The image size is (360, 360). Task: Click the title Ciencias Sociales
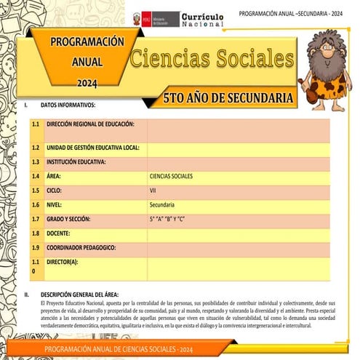(212, 59)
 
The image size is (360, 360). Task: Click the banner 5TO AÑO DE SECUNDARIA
(228, 97)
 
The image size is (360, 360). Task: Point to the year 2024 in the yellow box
(86, 81)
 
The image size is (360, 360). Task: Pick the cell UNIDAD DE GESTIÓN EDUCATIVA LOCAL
(92, 147)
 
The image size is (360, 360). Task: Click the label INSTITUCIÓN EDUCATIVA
(76, 161)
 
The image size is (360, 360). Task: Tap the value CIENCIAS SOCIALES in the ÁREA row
(171, 176)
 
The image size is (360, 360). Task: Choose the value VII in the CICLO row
(153, 191)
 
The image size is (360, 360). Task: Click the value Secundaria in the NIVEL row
(162, 204)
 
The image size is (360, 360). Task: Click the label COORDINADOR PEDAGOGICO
(81, 247)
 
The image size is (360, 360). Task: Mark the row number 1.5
(36, 191)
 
